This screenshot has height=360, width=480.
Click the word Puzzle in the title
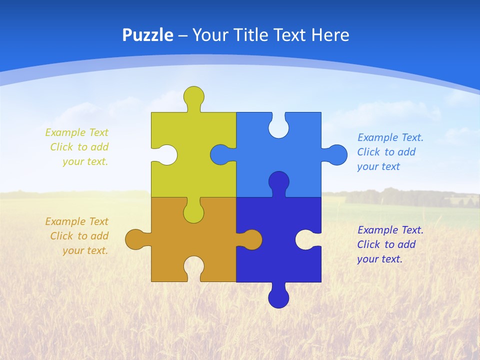(148, 35)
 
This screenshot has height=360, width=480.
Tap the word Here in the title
(330, 35)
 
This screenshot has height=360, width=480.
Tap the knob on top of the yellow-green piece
(194, 96)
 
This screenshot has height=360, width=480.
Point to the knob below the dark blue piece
(278, 297)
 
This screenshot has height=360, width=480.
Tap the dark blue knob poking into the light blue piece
(278, 181)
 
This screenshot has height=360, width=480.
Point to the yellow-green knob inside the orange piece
(193, 212)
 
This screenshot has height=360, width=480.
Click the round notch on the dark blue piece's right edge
(306, 239)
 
